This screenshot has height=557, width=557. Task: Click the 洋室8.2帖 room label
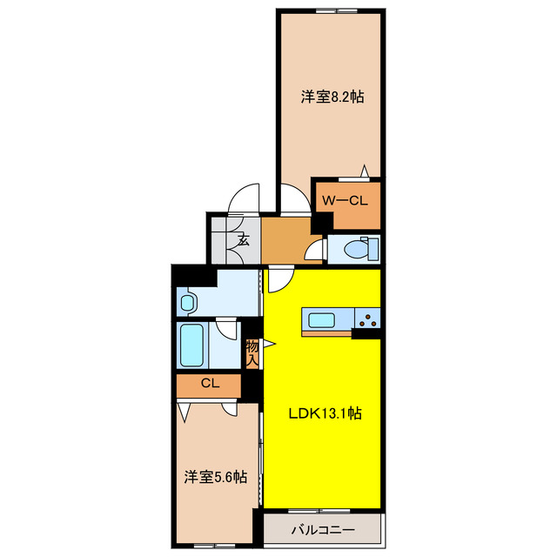(332, 97)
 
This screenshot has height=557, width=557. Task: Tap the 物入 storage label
(252, 352)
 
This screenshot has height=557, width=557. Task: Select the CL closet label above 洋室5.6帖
(209, 383)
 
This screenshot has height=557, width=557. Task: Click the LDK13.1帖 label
(325, 414)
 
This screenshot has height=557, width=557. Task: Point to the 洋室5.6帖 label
(215, 477)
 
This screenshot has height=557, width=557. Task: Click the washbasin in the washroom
(188, 303)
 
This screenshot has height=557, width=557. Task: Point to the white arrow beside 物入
(270, 345)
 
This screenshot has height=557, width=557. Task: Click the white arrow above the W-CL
(366, 171)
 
